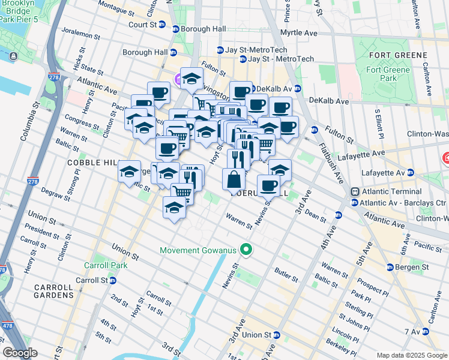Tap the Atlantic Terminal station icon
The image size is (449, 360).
356,191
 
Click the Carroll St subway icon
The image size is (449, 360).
112,280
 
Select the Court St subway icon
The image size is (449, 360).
175,29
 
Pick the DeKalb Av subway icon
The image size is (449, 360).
253,89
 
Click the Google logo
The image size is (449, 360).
20,353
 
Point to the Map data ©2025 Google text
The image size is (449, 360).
411,355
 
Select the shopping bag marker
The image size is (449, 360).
234,179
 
